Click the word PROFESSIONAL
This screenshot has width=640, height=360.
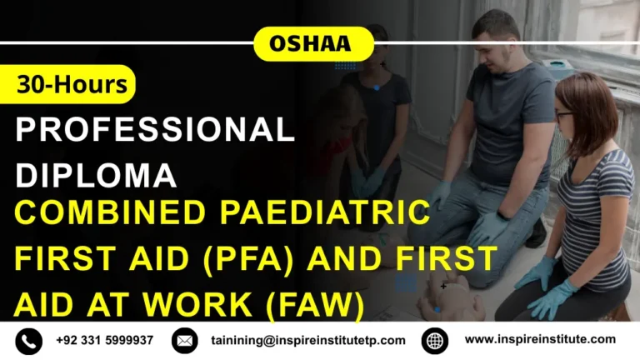(155, 129)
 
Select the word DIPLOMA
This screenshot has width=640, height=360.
(97, 174)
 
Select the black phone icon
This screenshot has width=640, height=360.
(29, 340)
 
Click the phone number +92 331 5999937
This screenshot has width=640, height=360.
(105, 340)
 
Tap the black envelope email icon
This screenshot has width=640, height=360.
(184, 340)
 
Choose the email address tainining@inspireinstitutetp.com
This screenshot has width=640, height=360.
(308, 340)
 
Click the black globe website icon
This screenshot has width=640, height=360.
(435, 340)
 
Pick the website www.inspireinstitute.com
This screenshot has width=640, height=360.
(540, 339)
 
